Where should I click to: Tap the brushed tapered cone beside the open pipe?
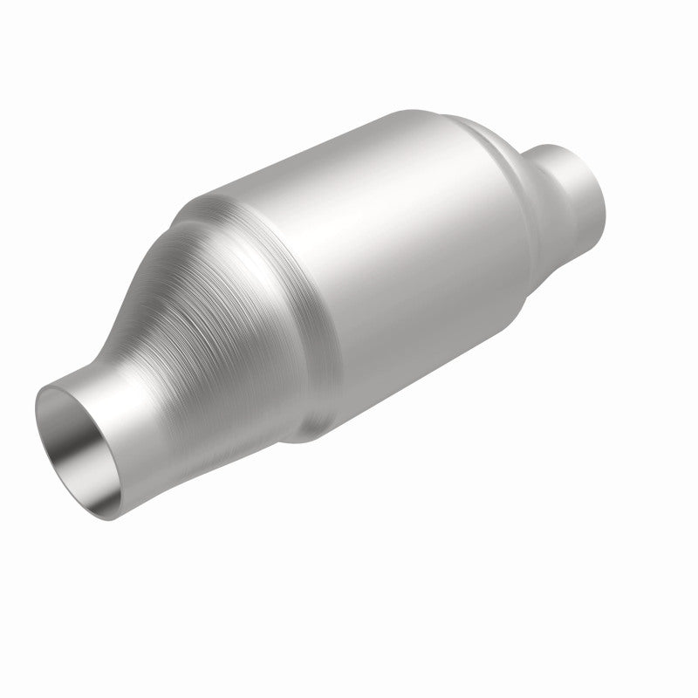tap(227, 332)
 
